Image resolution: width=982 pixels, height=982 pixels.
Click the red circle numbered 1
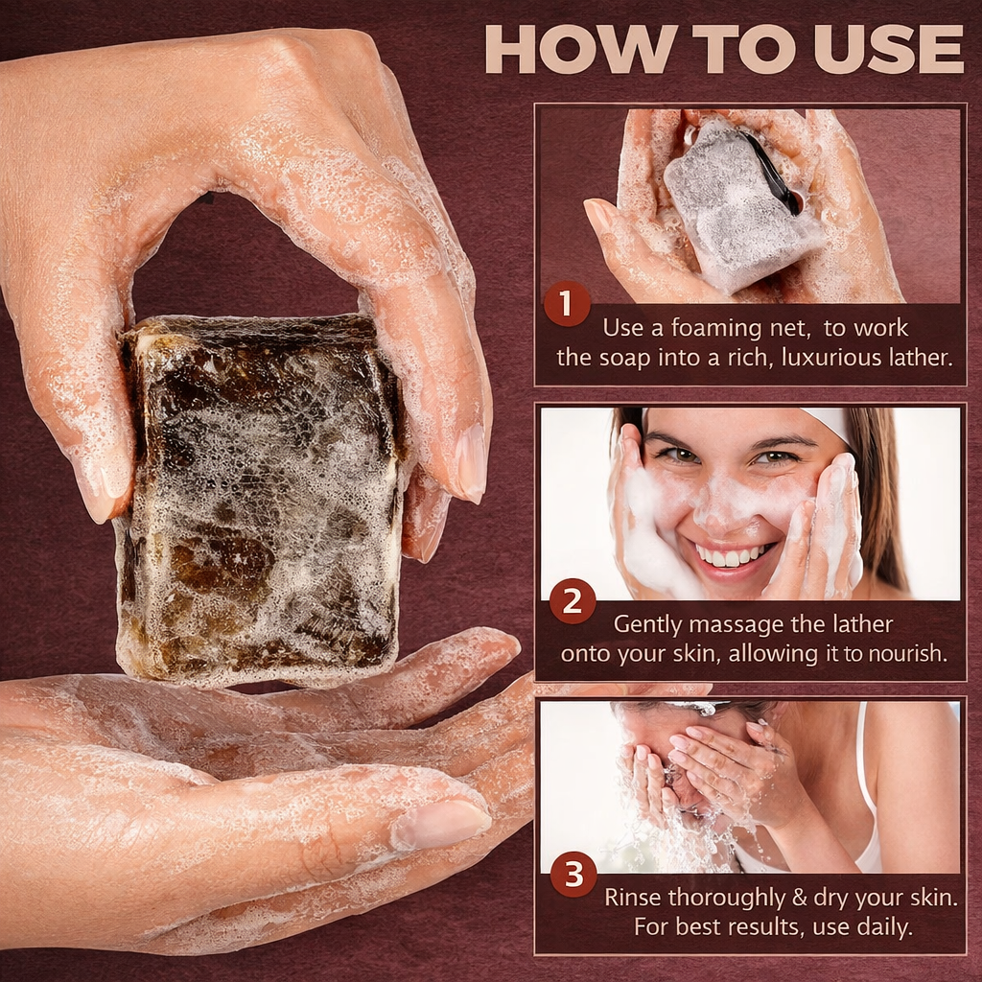[567, 304]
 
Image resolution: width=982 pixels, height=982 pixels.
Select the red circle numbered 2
[572, 601]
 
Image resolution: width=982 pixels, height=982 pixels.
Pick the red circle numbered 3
[573, 875]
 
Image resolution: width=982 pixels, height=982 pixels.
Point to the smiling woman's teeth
[735, 555]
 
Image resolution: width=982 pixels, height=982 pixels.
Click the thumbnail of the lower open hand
[443, 825]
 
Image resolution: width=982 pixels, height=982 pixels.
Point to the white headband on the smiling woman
[830, 423]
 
